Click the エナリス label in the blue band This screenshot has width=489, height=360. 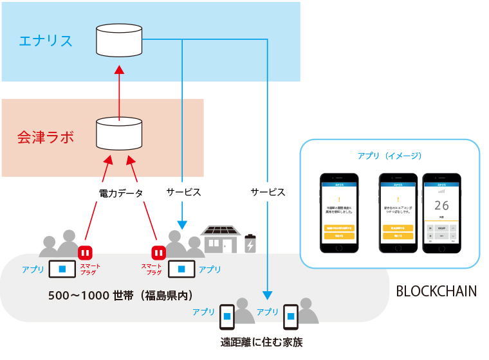pos(45,41)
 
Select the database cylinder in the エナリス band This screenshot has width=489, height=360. pos(119,40)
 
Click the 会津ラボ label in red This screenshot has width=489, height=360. pos(45,137)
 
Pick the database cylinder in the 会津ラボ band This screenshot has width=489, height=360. pos(119,134)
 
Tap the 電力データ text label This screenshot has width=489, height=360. pos(121,193)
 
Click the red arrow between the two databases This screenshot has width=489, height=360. pos(119,90)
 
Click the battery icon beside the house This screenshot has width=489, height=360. pos(250,245)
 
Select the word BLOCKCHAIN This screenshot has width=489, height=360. pos(436,291)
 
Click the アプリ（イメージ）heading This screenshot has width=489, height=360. pos(390,156)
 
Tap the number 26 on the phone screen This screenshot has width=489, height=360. pos(441,206)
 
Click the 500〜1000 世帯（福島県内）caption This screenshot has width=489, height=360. pos(121,296)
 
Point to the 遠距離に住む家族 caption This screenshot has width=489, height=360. pos(261,342)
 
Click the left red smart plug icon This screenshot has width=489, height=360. pos(86,251)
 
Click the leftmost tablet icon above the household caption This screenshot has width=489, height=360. pos(62,268)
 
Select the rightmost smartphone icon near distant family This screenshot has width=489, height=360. pos(291,316)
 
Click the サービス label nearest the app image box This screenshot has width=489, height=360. pos(268,192)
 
